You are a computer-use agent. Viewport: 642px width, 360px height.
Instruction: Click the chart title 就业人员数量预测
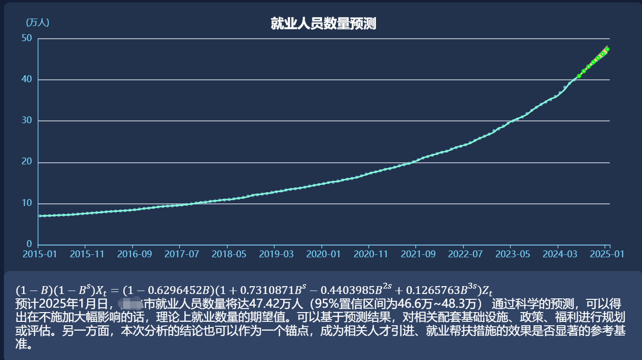tap(323, 23)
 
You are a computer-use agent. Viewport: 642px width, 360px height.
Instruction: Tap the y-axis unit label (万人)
tap(37, 22)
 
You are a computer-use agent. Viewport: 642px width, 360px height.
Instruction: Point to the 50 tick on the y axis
tap(27, 38)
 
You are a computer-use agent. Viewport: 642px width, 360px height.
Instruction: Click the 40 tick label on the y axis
tap(27, 79)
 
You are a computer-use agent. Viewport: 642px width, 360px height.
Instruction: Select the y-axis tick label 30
tap(27, 121)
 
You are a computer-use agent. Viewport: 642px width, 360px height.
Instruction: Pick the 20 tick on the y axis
tap(27, 162)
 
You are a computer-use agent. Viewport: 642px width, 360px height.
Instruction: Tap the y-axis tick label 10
tap(27, 203)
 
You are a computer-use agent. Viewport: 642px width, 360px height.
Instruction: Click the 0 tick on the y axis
tap(29, 244)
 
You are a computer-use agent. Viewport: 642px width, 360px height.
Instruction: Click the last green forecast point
tap(607, 49)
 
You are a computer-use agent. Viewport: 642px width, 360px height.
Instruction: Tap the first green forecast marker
tap(579, 76)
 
